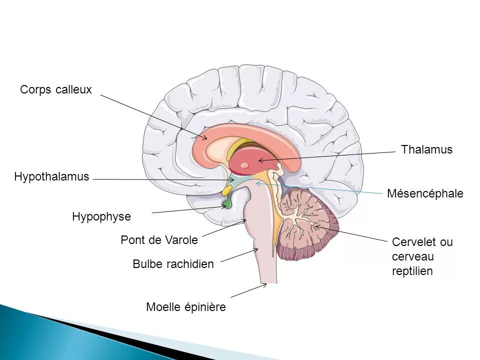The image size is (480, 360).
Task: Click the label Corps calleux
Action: pos(56,90)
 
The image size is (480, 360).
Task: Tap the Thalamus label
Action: pos(426,150)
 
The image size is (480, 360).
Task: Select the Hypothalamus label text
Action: pos(51,176)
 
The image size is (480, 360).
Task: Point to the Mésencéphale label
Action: pos(425,193)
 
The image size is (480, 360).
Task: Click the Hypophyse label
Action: pos(101,217)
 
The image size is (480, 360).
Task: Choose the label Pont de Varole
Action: pos(159,240)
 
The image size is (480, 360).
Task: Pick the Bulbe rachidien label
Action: pos(173,264)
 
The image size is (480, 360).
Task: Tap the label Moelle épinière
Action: pos(186,307)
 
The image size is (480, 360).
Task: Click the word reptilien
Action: pos(412,271)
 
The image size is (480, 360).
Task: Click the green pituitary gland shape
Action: pos(227,202)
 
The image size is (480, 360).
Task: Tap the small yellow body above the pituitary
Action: pos(226,191)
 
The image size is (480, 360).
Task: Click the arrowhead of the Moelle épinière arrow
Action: pos(264,285)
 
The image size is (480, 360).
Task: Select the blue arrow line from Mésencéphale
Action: pos(325,188)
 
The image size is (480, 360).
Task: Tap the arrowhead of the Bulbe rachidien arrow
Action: pos(256,249)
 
